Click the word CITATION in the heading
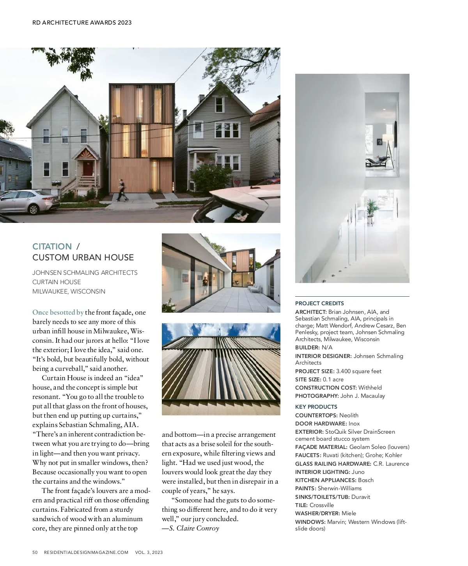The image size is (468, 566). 52,246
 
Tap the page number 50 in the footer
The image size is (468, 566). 35,552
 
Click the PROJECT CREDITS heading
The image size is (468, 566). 319,303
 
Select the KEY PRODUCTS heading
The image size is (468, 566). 316,407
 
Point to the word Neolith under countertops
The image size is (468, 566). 349,415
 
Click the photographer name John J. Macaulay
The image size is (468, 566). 363,396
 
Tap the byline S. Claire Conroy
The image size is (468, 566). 194,528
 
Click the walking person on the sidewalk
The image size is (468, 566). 123,190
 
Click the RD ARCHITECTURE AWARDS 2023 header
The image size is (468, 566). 82,22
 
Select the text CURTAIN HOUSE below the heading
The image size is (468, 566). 57,282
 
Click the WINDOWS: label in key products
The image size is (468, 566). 310,522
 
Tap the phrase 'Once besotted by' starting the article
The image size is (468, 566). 58,312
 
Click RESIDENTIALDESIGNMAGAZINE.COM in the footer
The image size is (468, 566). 86,552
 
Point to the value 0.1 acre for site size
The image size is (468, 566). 333,379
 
